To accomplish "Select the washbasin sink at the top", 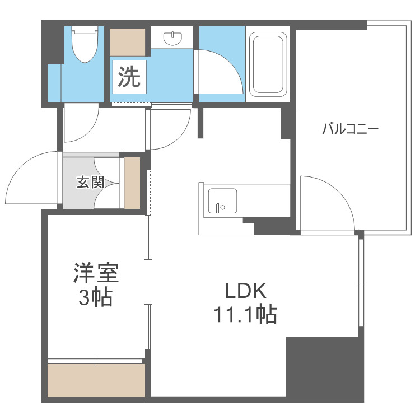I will pos(172,38).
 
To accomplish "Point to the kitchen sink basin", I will pos(222,201).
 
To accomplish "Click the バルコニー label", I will pos(350,129).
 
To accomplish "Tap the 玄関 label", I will pos(90,182).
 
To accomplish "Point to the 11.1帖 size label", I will pos(244,316).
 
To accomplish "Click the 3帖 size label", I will pos(95,298).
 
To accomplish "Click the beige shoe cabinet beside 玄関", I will pos(132,183).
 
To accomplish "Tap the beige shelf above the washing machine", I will pos(128,41).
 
